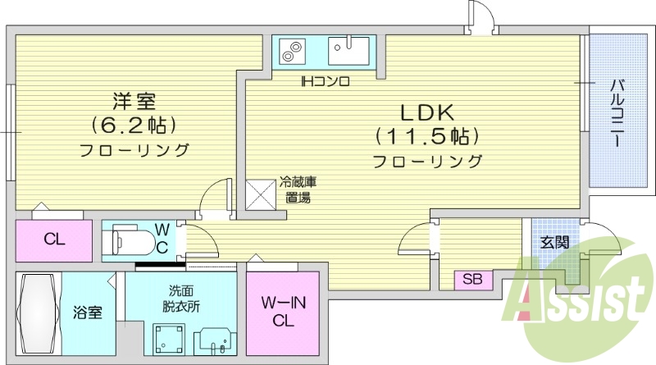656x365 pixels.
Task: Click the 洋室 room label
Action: point(134,102)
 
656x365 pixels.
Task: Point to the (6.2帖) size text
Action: point(134,125)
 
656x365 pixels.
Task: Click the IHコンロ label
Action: point(325,81)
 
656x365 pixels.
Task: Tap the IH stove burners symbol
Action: point(290,51)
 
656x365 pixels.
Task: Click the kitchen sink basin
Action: point(351,51)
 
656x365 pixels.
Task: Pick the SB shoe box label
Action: point(472,279)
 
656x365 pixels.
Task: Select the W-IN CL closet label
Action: point(283,312)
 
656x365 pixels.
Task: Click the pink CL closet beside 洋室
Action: point(54,240)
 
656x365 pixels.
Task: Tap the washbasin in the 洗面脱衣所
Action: point(216,338)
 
